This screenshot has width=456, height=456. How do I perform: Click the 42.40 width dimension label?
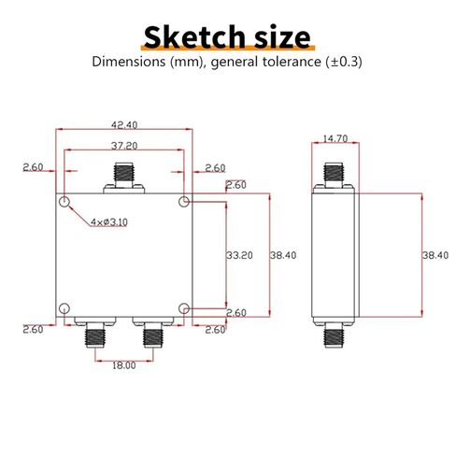coord(124,125)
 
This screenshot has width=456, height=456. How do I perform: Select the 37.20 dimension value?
coord(124,146)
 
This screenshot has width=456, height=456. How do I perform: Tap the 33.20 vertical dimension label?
coord(239,255)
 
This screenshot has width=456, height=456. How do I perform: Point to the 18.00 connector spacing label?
coord(124,365)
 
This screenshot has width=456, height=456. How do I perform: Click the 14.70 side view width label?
coord(335,138)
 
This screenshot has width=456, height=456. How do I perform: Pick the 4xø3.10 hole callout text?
coord(109,222)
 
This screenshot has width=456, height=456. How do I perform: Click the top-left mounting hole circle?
coord(64,202)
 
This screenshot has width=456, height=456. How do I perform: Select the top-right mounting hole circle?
coord(184,202)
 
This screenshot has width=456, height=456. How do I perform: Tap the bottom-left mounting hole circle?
coord(64,308)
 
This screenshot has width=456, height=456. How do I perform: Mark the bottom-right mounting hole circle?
coord(184,308)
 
